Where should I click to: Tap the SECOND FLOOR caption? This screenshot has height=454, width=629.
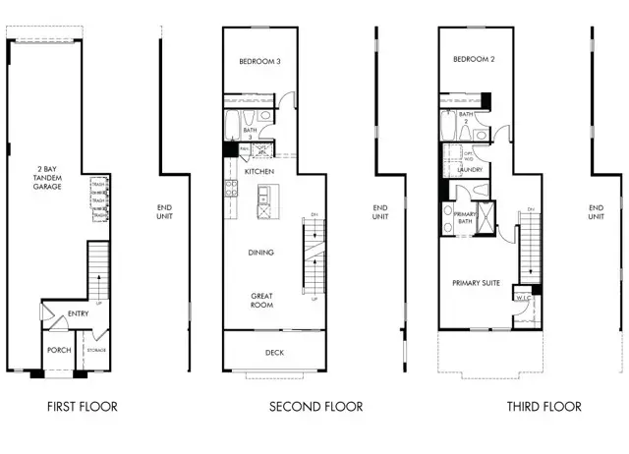pos(315,406)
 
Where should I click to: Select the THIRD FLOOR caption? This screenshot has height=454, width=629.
pos(543,406)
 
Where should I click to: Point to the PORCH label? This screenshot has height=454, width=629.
pos(58,350)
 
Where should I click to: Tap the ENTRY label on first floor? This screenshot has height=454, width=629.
pos(78,314)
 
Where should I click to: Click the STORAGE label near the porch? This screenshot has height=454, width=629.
pos(95,351)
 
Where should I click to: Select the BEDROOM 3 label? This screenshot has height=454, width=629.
pos(260,62)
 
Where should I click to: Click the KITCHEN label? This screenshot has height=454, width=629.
pos(260,171)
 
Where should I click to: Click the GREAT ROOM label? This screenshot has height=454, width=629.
pos(260,299)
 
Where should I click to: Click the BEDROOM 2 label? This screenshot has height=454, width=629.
pos(473,60)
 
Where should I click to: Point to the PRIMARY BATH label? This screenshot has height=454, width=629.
pos(465,217)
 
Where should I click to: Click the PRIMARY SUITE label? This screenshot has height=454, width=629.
pos(477,283)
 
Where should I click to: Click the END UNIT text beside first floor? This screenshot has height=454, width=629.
pos(165,212)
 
